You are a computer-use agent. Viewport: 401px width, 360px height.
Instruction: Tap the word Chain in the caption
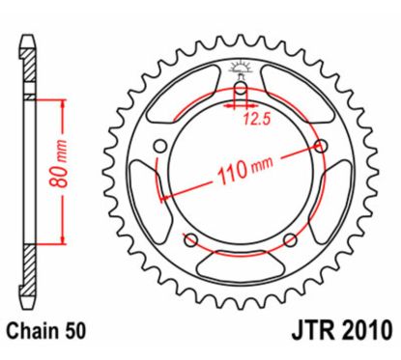(x=34, y=331)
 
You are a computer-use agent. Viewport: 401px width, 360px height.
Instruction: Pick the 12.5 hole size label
(x=254, y=122)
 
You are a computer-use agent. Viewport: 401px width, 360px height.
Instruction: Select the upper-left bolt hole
(x=161, y=148)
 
